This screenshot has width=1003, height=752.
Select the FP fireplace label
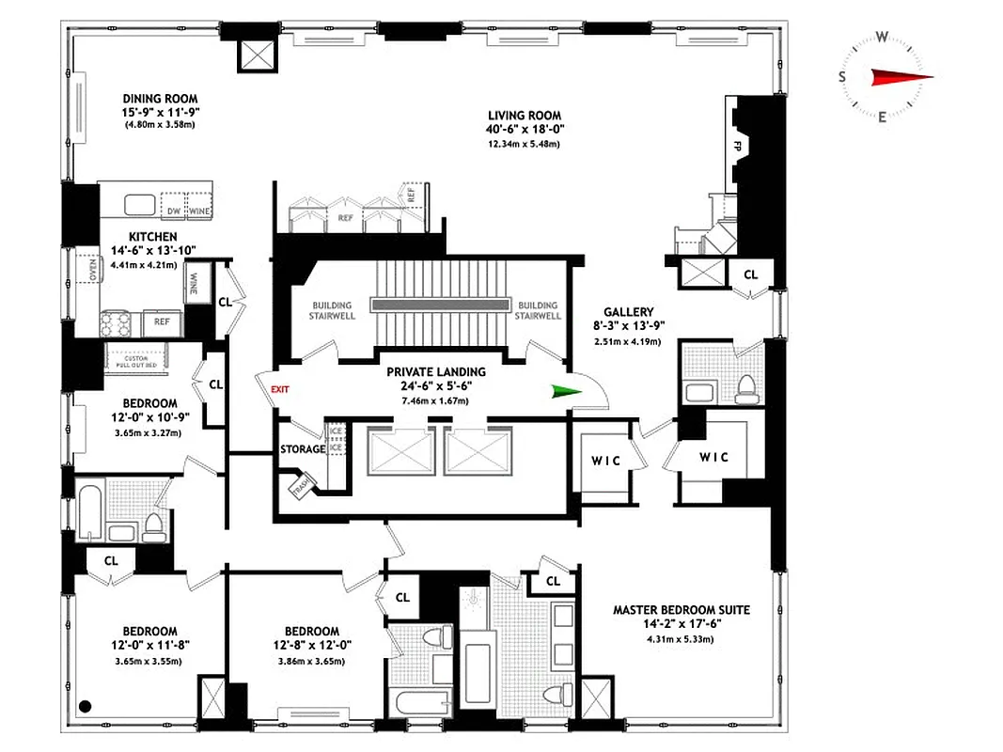click(x=736, y=148)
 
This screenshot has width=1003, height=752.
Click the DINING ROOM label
click(x=160, y=98)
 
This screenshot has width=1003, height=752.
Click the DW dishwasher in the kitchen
click(x=173, y=210)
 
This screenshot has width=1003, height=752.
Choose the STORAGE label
click(x=303, y=449)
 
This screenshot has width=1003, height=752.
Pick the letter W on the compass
click(x=883, y=37)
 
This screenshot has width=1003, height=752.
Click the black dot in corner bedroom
click(x=85, y=705)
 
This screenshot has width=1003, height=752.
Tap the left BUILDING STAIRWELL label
click(x=332, y=310)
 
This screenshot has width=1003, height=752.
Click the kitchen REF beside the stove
click(x=162, y=321)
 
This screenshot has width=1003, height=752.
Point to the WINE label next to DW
click(x=200, y=210)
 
